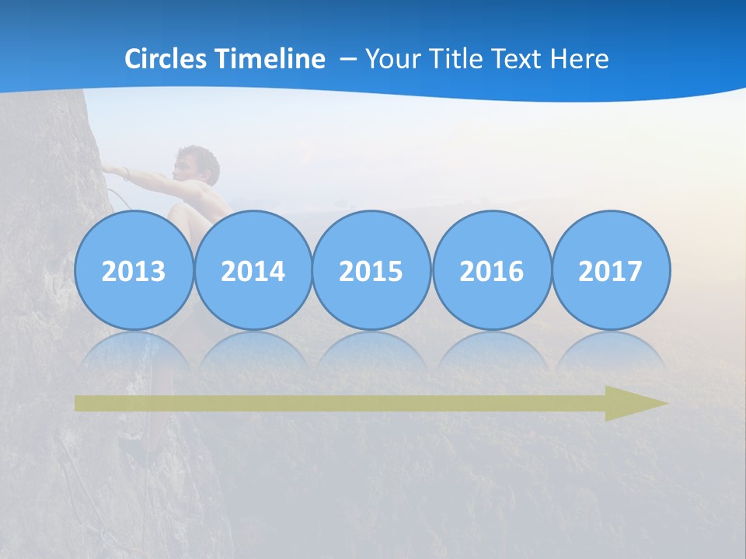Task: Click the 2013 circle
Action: point(134,270)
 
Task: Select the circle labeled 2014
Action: point(253,270)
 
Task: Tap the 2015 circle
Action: point(371,270)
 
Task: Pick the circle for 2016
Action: point(491,270)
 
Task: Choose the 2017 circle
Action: point(611,270)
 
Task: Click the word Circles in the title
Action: point(166,58)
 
